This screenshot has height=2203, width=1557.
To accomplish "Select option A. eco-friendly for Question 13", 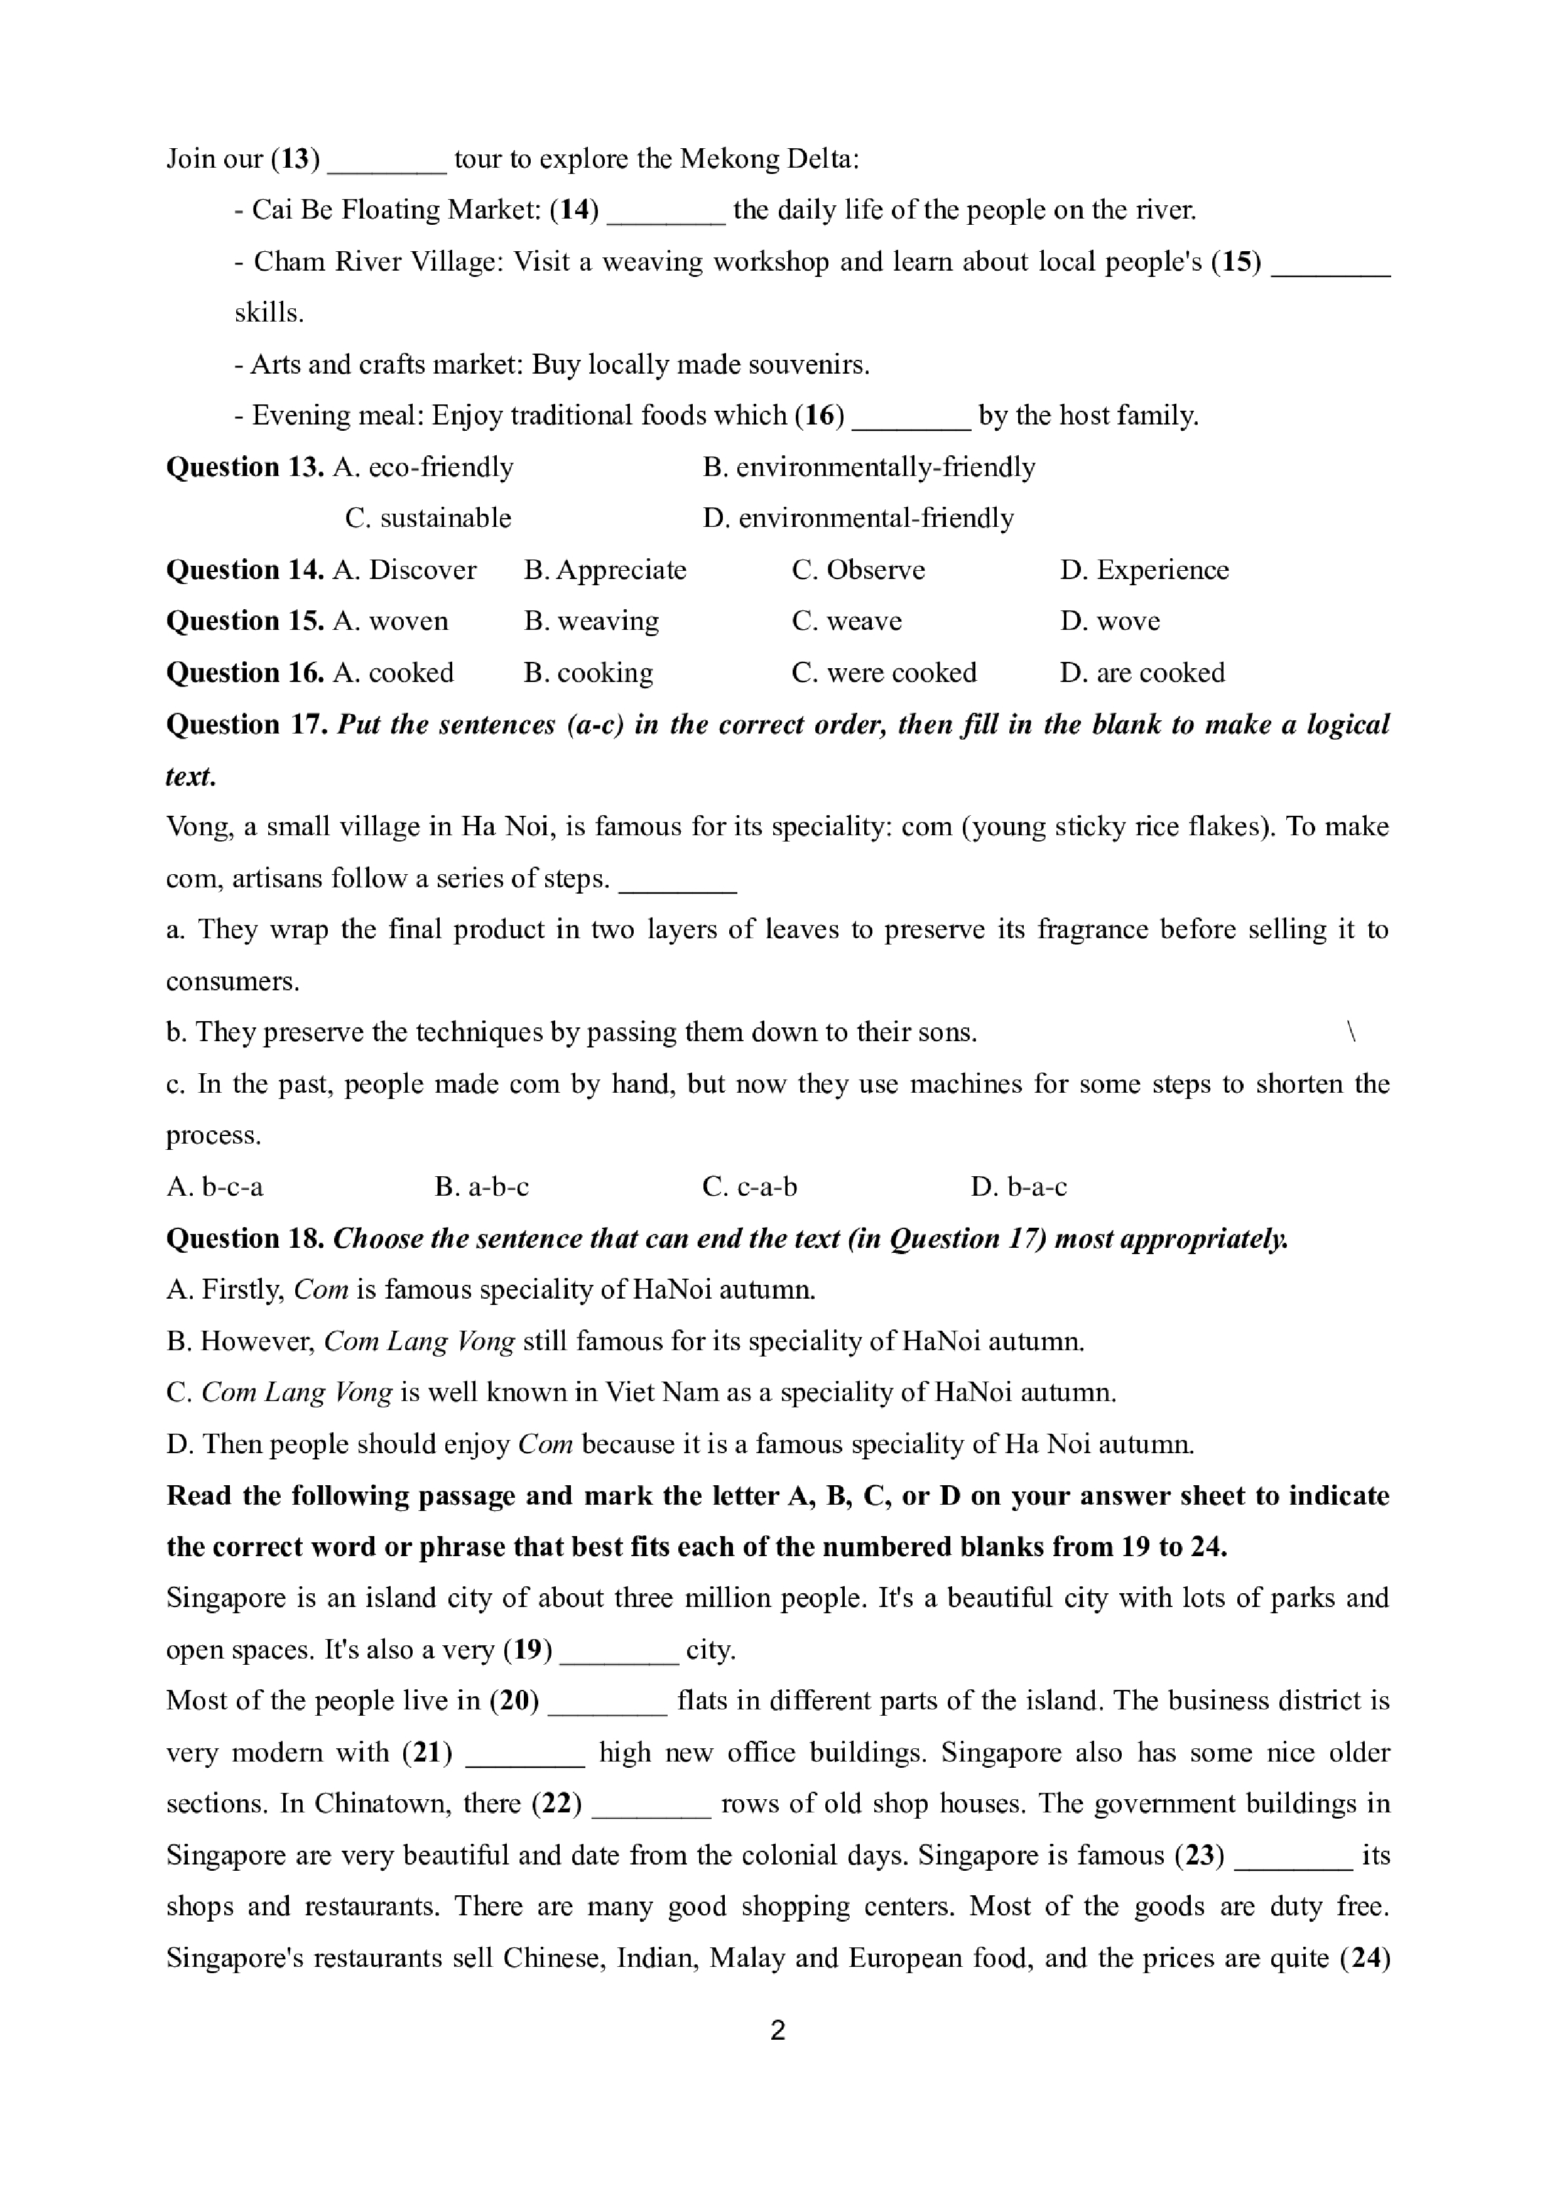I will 423,467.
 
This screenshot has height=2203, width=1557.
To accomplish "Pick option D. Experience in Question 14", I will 1144,570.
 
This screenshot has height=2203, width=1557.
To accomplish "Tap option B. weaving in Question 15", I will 592,622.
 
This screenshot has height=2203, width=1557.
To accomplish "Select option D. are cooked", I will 1142,673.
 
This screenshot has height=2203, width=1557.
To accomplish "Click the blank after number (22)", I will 651,1805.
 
